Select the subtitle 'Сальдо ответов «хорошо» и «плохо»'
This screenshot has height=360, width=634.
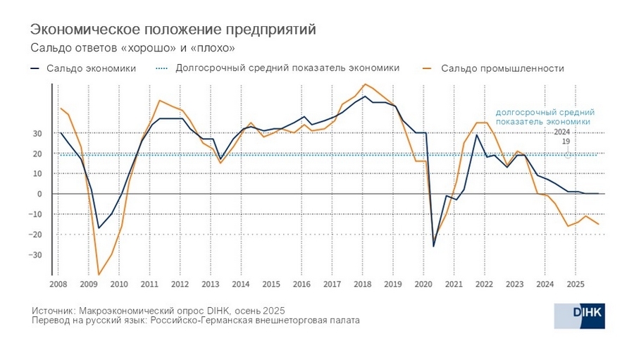tap(132, 48)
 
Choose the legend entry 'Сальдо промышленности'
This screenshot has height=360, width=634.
tap(502, 68)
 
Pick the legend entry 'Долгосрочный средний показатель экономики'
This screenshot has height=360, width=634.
tap(287, 68)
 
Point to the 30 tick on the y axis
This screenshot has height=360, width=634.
tap(37, 133)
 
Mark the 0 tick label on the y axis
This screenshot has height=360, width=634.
tap(39, 194)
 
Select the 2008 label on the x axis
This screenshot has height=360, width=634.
tap(58, 284)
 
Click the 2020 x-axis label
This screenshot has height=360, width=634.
tap(423, 284)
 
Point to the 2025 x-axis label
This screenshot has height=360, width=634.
tap(575, 284)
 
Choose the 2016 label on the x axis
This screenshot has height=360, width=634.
tap(302, 284)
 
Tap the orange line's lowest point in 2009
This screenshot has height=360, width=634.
tap(99, 274)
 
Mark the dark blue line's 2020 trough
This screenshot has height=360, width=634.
tap(433, 246)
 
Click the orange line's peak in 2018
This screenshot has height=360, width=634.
tap(365, 85)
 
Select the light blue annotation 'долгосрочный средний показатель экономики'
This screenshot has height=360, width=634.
tap(545, 116)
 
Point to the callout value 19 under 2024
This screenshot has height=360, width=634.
tap(565, 142)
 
